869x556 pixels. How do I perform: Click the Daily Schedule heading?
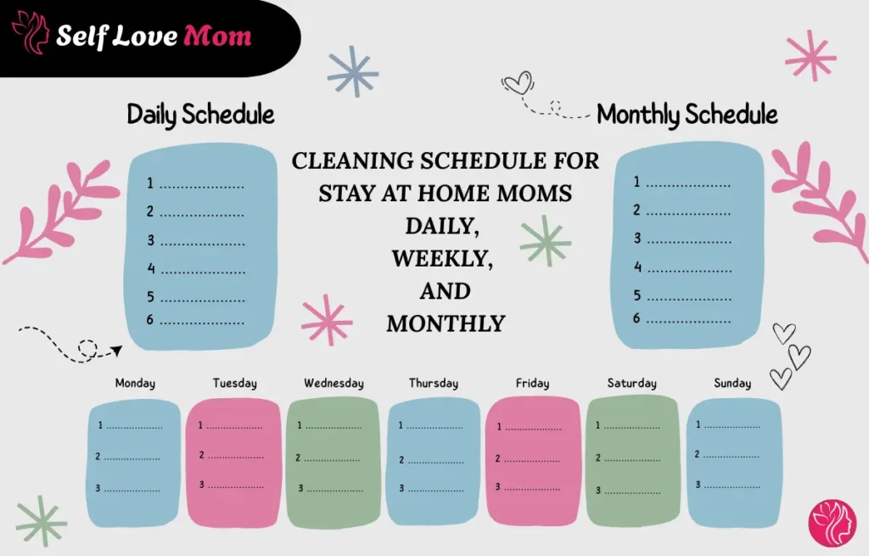(200, 114)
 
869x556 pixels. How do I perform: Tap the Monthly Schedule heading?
(687, 114)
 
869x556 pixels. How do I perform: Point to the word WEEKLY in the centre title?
(441, 258)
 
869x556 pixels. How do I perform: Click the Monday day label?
(135, 384)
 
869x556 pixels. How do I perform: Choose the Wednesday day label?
(334, 384)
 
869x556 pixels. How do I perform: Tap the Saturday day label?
(631, 384)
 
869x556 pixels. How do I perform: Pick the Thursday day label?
(433, 384)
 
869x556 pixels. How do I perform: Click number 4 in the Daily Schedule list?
(151, 269)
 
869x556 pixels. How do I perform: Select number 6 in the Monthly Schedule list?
(636, 319)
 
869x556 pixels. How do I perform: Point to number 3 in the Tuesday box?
(202, 485)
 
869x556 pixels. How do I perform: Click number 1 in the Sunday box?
(698, 424)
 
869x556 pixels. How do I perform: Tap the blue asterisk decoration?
(352, 71)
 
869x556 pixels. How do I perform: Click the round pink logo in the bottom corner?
(833, 523)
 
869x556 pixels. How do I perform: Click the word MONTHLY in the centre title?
(446, 323)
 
